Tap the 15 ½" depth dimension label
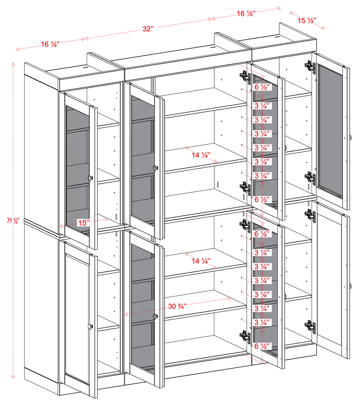[x=307, y=21]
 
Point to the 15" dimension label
[x=83, y=223]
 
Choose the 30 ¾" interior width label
[x=177, y=306]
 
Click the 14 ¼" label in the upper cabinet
[x=201, y=155]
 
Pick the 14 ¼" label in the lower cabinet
[x=201, y=261]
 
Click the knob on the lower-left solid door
[x=90, y=326]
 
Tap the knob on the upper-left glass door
[x=90, y=178]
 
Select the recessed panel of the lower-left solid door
[x=77, y=318]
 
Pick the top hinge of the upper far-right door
[x=310, y=66]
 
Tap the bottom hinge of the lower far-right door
[x=310, y=327]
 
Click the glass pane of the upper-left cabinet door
[x=78, y=167]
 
